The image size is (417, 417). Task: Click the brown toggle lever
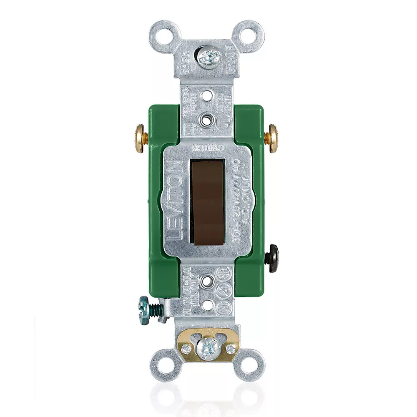coord(208,200)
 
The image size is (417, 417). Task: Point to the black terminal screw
coord(274,259)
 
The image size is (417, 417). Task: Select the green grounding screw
coord(146,306)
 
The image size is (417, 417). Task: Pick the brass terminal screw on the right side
coord(274,138)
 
